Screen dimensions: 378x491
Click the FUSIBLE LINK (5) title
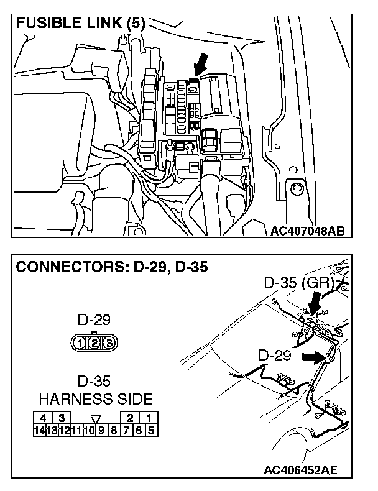pyautogui.click(x=81, y=24)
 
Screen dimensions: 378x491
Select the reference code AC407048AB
pyautogui.click(x=308, y=232)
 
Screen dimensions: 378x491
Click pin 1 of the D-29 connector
pyautogui.click(x=80, y=342)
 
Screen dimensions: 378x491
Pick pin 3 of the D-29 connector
pyautogui.click(x=108, y=342)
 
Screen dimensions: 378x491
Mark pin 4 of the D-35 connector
pyautogui.click(x=43, y=418)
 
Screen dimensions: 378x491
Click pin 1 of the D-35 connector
pyautogui.click(x=149, y=418)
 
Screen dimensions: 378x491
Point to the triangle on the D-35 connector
pyautogui.click(x=95, y=418)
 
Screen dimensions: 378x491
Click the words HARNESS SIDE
pyautogui.click(x=95, y=398)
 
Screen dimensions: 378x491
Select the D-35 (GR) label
pyautogui.click(x=300, y=283)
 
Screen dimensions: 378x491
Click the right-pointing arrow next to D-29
pyautogui.click(x=314, y=357)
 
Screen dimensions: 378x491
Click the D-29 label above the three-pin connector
pyautogui.click(x=94, y=321)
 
